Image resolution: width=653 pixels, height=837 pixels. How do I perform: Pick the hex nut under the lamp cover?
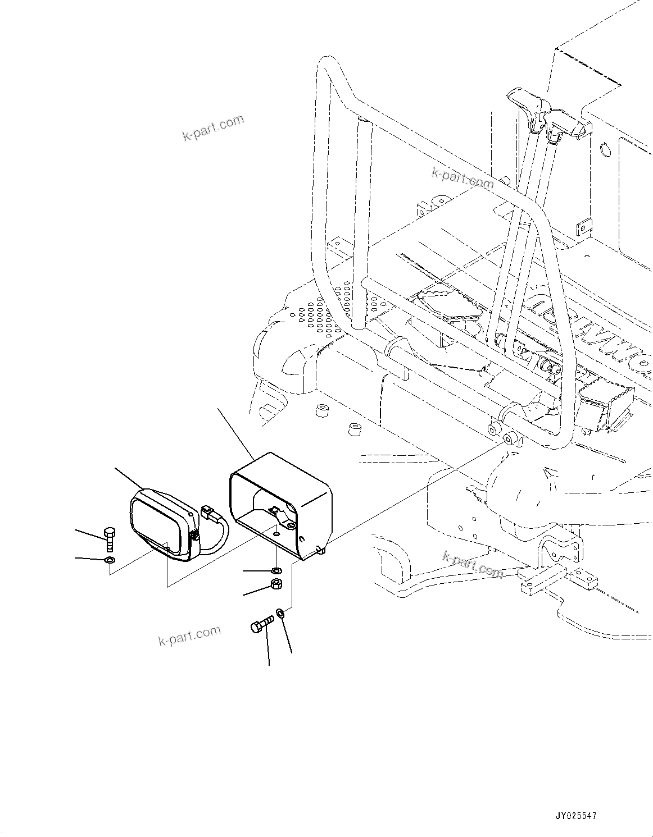tap(276, 584)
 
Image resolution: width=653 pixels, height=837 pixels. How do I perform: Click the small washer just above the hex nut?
tap(276, 571)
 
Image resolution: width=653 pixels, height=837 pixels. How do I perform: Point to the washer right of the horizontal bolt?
tap(280, 614)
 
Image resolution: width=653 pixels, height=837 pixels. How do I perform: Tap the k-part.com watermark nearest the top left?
tap(213, 129)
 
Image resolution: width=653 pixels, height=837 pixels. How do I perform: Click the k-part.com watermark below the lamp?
tap(189, 636)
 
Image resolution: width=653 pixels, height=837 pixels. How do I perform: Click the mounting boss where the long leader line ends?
tap(509, 438)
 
